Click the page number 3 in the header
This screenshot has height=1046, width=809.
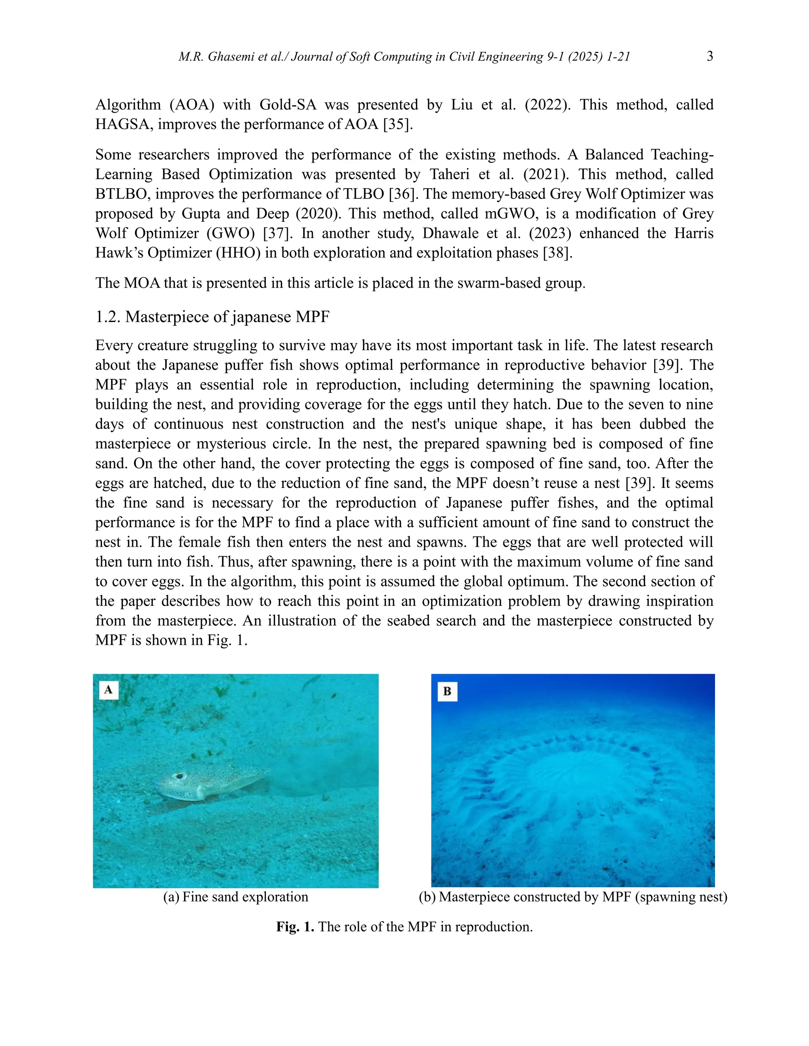[x=710, y=56]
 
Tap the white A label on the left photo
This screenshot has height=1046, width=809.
[x=109, y=690]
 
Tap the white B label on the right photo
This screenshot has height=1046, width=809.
[x=447, y=691]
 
